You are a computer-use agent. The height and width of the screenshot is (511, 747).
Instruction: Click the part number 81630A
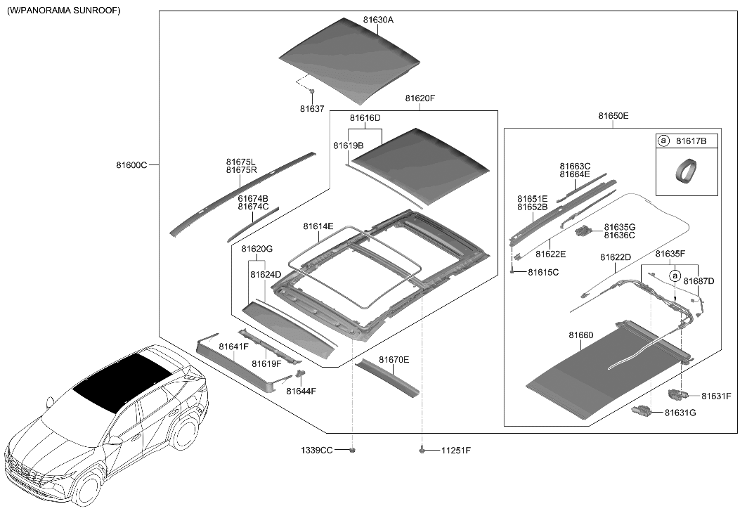[x=378, y=20]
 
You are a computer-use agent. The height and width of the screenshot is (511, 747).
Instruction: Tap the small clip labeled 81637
[x=312, y=91]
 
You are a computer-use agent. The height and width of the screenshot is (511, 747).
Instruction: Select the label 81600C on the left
[x=131, y=165]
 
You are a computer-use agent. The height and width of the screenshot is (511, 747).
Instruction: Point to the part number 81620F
[x=420, y=99]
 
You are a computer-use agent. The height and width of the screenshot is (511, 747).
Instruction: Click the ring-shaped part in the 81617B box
[x=684, y=171]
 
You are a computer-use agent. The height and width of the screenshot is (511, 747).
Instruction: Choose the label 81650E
[x=613, y=116]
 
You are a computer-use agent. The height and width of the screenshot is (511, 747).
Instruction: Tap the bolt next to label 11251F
[x=422, y=448]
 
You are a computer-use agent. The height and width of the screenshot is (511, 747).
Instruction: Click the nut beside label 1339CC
[x=353, y=449]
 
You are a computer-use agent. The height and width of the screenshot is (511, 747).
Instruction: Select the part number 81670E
[x=394, y=360]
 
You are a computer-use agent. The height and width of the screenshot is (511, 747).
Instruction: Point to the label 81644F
[x=301, y=391]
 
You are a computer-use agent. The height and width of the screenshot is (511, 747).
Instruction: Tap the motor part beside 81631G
[x=642, y=411]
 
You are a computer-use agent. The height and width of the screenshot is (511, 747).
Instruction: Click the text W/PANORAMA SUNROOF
[x=64, y=11]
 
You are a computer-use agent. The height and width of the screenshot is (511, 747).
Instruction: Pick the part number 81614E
[x=318, y=226]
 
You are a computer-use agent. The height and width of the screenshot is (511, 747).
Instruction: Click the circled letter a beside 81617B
[x=663, y=141]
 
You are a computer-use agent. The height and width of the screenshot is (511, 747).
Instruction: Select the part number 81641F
[x=233, y=347]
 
